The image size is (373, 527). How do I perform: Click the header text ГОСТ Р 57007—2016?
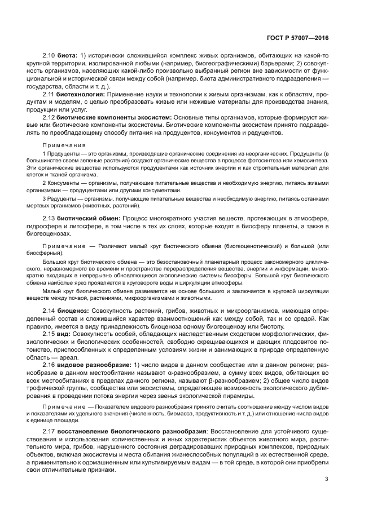coord(297,38)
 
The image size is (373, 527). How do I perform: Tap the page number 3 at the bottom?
coord(327,480)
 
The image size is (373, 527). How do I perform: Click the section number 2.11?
coord(49,94)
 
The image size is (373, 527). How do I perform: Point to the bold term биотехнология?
coord(81,94)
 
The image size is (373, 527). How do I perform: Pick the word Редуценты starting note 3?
coord(62,199)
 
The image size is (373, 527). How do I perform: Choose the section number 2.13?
coord(49,218)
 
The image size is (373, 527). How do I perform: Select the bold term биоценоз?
coord(71,311)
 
